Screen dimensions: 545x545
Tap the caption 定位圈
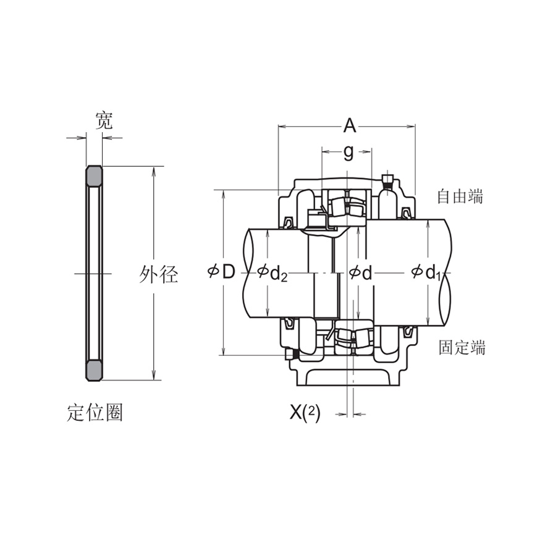95,412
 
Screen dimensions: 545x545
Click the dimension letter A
350,126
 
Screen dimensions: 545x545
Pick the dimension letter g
349,151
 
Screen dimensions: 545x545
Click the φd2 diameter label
272,272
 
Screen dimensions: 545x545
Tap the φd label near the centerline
361,272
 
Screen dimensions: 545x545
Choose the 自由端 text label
460,196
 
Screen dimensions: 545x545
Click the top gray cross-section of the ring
94,175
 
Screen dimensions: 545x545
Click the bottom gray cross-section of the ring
94,370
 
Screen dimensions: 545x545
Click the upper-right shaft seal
405,214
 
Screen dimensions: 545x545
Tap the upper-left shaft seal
289,221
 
